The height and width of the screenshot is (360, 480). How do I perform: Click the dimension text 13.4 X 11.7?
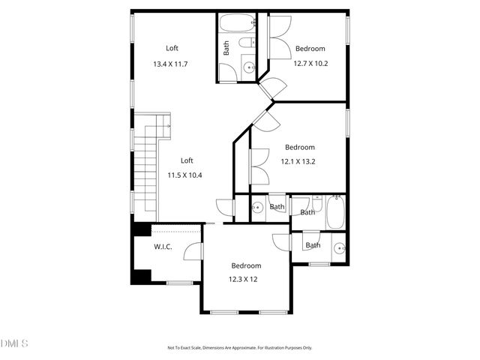pyautogui.click(x=170, y=64)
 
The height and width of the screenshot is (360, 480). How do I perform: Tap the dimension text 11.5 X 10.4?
pyautogui.click(x=184, y=175)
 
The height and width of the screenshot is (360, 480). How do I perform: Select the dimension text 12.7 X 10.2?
pyautogui.click(x=310, y=64)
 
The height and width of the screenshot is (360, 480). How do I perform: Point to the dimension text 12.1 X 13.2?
pyautogui.click(x=298, y=161)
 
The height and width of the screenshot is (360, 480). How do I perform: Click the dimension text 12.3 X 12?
pyautogui.click(x=244, y=279)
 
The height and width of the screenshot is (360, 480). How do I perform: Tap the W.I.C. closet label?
pyautogui.click(x=163, y=247)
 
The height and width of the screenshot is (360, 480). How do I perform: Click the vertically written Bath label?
pyautogui.click(x=226, y=48)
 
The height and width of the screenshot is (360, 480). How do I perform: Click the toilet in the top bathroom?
pyautogui.click(x=246, y=46)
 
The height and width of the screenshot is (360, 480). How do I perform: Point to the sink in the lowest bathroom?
pyautogui.click(x=339, y=247)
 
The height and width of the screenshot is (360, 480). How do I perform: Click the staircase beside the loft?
pyautogui.click(x=146, y=169)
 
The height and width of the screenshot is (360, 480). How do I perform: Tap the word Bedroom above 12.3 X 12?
pyautogui.click(x=246, y=266)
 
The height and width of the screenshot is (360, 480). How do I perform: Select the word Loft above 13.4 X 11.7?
pyautogui.click(x=172, y=48)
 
